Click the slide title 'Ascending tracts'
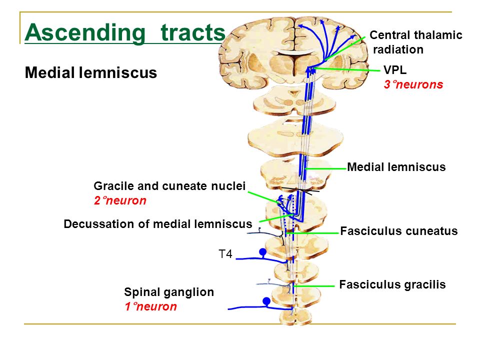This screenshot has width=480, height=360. coord(125,33)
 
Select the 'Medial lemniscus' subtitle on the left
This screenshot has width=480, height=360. coord(91,73)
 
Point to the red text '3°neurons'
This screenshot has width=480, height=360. coord(413,84)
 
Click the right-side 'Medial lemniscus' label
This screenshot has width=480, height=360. coord(396,167)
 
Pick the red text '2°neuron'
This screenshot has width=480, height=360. coord(120,201)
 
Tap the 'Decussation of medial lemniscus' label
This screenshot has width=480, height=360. coord(158,224)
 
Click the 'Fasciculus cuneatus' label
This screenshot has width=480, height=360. coord(398,231)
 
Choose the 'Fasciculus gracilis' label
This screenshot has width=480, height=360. coord(392,284)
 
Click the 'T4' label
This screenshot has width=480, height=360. coord(225,254)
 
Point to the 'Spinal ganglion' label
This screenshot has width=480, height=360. coord(169,292)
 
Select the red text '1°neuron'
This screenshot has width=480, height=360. coord(150,306)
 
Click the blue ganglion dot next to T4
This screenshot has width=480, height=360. coord(262,251)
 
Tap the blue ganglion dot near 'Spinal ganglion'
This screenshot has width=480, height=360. coord(266,301)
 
